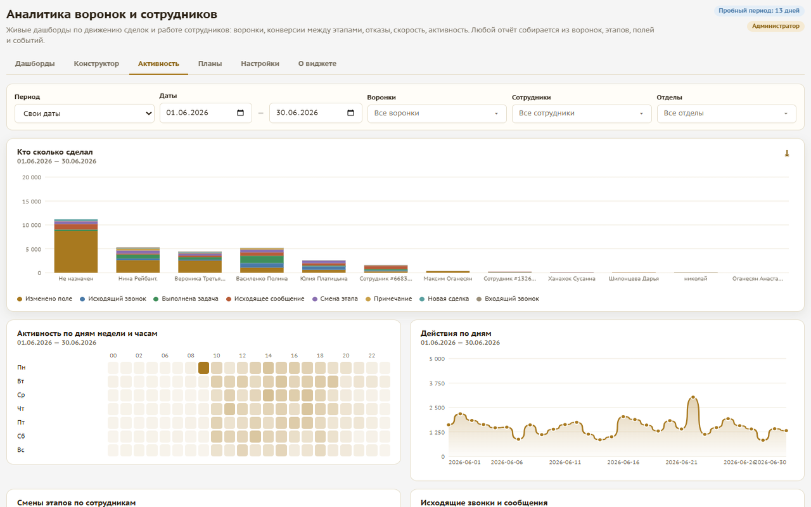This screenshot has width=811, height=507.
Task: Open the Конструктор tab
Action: [x=96, y=64]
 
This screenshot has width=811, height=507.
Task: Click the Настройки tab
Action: [x=260, y=64]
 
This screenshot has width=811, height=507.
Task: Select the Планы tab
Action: [x=210, y=64]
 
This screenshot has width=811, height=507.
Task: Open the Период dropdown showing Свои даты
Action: [x=84, y=113]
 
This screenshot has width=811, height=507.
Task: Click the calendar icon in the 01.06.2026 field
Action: [x=240, y=113]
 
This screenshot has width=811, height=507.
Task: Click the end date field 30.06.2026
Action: [x=316, y=113]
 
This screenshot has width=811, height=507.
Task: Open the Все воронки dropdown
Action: [x=437, y=113]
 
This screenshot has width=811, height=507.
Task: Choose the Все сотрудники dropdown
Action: [x=582, y=113]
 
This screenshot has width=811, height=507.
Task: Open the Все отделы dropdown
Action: [x=726, y=113]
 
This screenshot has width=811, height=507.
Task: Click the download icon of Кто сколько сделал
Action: [x=787, y=153]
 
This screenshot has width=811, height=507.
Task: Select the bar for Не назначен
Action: [x=76, y=246]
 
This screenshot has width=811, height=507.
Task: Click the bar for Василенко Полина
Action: [x=262, y=260]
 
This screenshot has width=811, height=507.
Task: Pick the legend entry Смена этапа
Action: [x=335, y=298]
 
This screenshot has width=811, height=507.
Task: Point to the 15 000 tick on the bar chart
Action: [x=32, y=202]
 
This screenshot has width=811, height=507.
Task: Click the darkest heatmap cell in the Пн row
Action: [x=203, y=368]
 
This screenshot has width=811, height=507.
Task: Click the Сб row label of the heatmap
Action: [x=21, y=436]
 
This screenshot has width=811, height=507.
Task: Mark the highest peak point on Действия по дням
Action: [x=693, y=397]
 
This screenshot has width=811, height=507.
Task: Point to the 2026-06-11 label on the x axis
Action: [x=565, y=462]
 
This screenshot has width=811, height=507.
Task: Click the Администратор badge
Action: [x=776, y=26]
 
